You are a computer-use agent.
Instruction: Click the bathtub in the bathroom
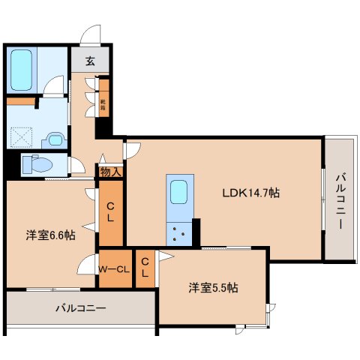[x=22, y=68]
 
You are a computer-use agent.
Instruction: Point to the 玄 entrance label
[x=90, y=61]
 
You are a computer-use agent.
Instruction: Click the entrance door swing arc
[x=90, y=34]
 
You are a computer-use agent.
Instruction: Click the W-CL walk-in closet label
[x=115, y=267]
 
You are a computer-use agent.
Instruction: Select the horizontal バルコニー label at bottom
[x=80, y=307]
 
